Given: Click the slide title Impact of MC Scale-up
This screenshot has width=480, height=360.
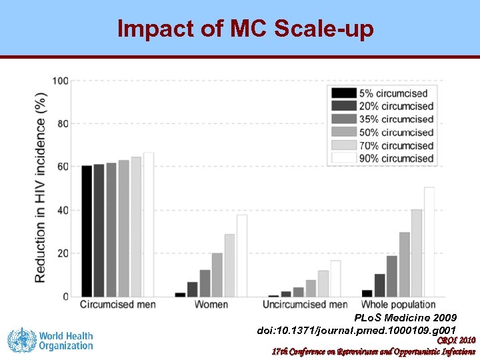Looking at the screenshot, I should point(245,29).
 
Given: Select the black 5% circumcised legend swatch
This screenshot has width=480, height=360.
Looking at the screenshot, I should point(344,93).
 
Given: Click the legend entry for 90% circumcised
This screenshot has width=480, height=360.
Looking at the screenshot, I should point(396,159).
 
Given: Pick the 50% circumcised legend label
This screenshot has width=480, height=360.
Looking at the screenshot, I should point(396,133).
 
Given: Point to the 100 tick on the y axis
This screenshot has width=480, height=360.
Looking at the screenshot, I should point(60,81).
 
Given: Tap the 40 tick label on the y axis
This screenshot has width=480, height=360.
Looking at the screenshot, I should point(62,211).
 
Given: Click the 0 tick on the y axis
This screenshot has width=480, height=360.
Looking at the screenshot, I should point(65,297).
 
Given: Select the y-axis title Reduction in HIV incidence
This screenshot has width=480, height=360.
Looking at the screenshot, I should point(41,187).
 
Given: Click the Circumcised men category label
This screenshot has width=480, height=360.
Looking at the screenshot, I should point(118,305).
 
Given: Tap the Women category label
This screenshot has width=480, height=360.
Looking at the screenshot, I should point(211,305).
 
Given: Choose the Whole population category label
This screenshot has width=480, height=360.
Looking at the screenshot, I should point(399,305).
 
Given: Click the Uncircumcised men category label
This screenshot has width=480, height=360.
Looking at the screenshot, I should point(305,305).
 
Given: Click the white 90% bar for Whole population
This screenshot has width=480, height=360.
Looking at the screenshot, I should point(429,242).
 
